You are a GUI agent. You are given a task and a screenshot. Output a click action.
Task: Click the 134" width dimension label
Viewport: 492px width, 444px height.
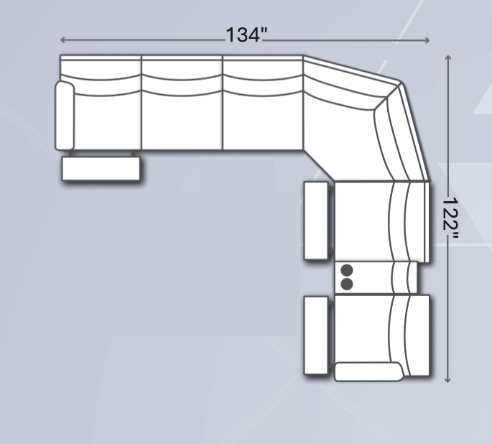click(x=246, y=34)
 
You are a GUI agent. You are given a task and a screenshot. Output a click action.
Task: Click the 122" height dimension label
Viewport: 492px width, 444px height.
click(x=450, y=218)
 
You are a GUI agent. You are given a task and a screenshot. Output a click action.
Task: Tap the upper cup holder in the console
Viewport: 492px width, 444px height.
click(x=347, y=270)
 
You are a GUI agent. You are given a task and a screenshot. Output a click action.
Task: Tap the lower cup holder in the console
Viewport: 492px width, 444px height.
click(x=347, y=284)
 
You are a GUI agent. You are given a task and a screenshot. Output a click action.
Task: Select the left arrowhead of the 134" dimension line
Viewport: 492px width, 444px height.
click(x=62, y=40)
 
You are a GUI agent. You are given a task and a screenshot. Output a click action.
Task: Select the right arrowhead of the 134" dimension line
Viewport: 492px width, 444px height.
click(x=427, y=40)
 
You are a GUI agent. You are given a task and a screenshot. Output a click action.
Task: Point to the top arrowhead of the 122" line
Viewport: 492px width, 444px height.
click(x=448, y=57)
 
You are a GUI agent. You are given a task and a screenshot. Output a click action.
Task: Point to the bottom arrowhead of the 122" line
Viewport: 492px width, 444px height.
click(x=448, y=380)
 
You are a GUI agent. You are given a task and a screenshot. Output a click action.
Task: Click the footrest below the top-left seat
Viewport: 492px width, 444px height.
click(x=101, y=169)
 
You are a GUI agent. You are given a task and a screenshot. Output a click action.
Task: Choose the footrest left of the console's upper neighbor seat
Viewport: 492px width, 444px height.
click(x=316, y=221)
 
